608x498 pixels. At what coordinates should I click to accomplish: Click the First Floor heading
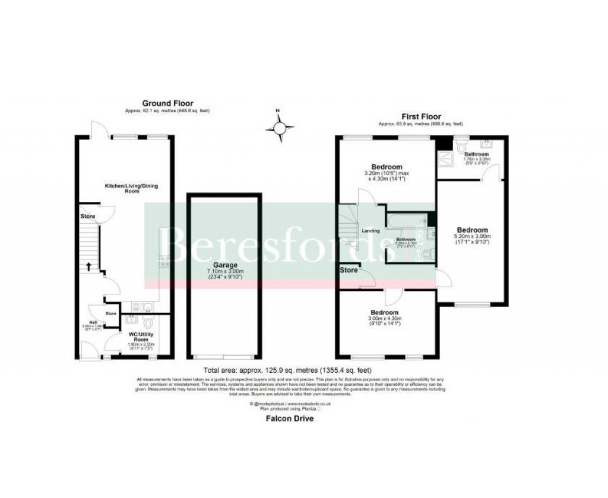coord(421,116)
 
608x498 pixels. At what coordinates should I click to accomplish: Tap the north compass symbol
coord(280,126)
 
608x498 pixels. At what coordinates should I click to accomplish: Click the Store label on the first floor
coord(349,271)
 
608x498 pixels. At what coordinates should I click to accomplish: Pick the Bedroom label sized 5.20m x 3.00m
coord(472,230)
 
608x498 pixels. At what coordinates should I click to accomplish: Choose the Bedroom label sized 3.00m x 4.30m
coord(385,312)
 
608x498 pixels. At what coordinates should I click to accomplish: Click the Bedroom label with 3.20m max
coord(387,167)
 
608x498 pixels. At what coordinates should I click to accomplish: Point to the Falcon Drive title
coord(290,418)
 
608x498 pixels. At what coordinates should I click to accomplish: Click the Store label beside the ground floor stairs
coord(88,217)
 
